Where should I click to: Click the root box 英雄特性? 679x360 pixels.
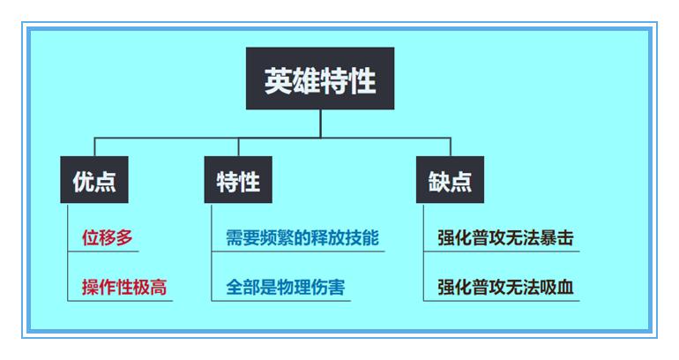point(320,79)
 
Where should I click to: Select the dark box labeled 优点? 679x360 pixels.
point(94,182)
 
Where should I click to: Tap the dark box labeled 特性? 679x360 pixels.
point(238,182)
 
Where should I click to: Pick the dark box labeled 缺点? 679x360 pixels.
point(450,182)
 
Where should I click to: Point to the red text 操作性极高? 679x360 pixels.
point(124,287)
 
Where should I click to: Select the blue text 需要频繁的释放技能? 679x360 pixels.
point(302,237)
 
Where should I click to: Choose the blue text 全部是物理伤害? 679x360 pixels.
point(286,287)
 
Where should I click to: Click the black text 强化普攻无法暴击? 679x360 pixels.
point(505,237)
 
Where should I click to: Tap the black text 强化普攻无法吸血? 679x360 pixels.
point(505,287)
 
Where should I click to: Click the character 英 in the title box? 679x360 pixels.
point(279,80)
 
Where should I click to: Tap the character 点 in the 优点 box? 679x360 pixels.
point(106,182)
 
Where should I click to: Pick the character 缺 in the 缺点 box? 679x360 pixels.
point(439,182)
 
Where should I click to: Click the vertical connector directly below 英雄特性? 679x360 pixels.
point(320,124)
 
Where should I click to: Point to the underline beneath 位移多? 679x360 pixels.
point(103,251)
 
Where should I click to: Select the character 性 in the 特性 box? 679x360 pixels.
point(250,182)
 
